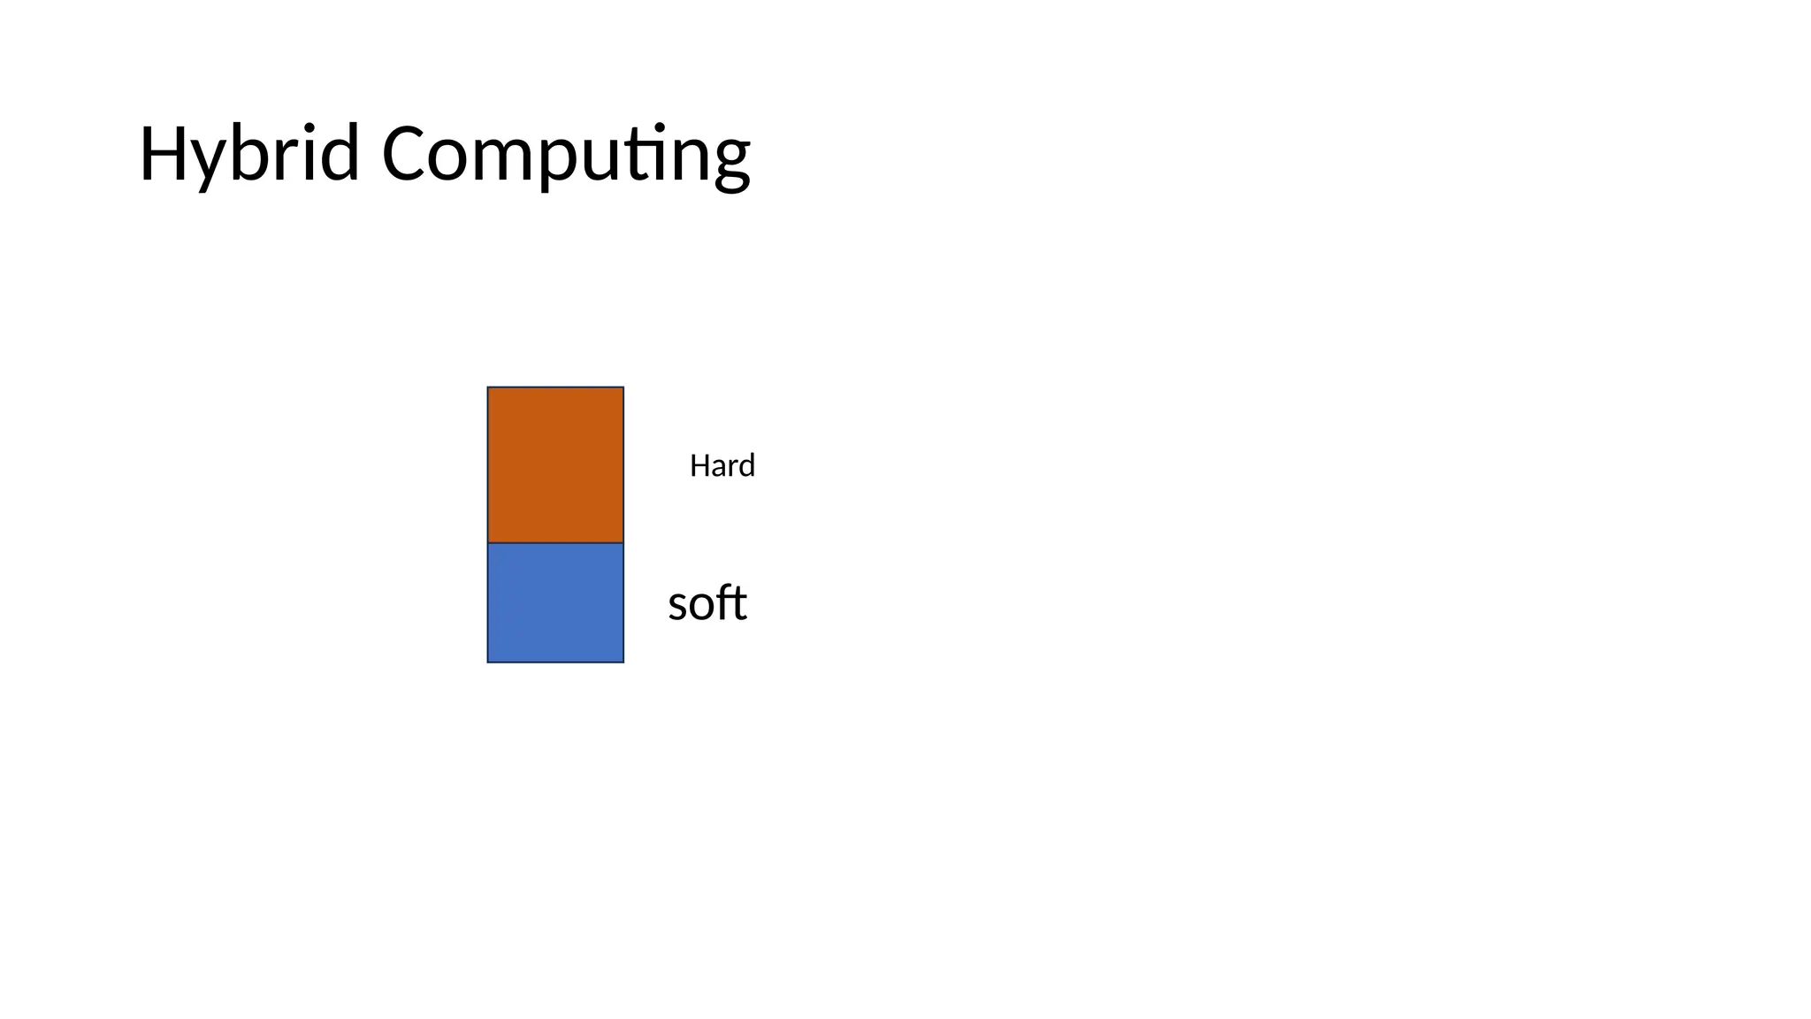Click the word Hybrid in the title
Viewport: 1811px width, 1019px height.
point(248,155)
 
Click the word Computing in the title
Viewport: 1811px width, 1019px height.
point(566,155)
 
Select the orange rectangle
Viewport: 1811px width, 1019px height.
point(555,464)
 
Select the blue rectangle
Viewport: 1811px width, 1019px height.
point(555,602)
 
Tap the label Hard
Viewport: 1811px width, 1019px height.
point(722,465)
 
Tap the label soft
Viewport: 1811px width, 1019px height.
point(707,604)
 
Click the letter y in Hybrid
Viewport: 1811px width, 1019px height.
point(209,163)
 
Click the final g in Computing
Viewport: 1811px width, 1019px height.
point(730,163)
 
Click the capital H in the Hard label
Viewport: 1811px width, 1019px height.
point(698,465)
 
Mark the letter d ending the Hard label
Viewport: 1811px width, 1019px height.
point(748,465)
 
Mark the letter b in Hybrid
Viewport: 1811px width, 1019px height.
point(251,154)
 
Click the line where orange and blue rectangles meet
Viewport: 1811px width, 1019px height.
point(555,542)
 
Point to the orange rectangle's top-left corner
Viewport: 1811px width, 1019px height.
point(488,387)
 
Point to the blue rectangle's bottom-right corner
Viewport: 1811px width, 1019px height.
point(623,662)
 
